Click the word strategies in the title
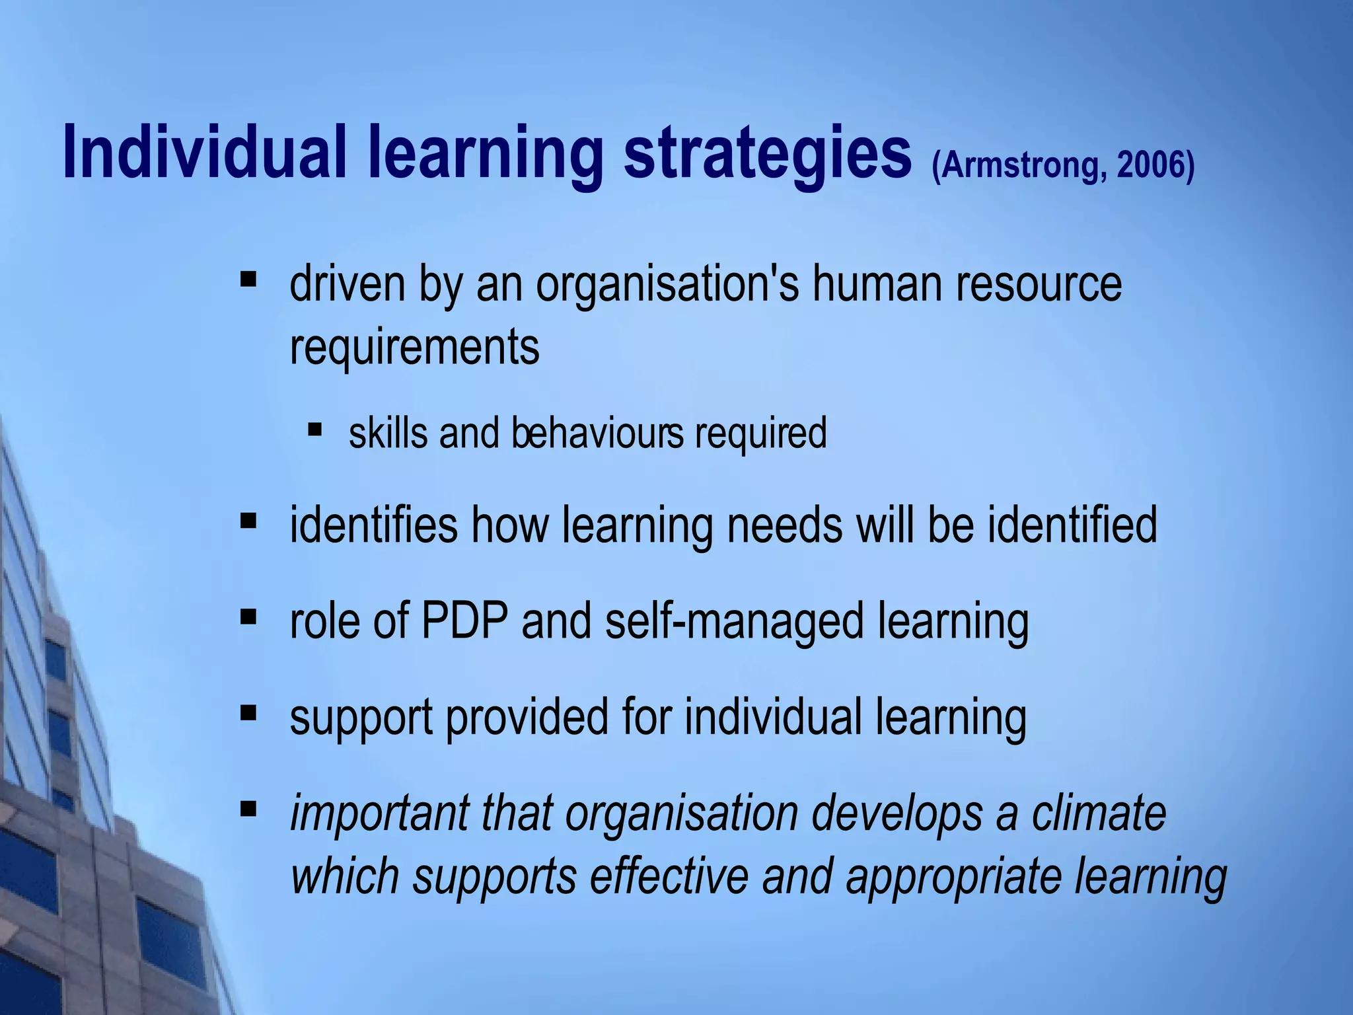pyautogui.click(x=767, y=153)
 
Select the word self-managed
pyautogui.click(x=734, y=622)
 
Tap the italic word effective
pyautogui.click(x=669, y=876)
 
